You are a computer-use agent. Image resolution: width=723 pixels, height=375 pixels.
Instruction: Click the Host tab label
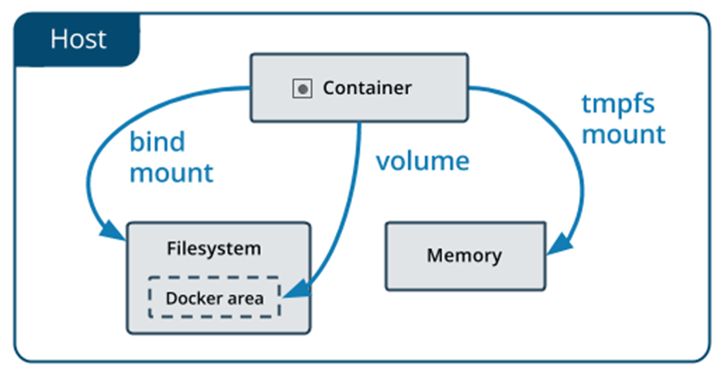coord(79,39)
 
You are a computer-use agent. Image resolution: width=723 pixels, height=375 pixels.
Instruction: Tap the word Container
coord(367,88)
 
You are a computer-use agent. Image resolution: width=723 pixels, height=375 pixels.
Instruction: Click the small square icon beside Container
coord(302,88)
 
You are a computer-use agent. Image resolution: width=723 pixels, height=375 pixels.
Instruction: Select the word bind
coord(157,141)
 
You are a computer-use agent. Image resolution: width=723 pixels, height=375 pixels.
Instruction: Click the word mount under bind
coord(172,173)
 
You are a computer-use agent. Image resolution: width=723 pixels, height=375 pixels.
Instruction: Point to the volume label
coord(423,162)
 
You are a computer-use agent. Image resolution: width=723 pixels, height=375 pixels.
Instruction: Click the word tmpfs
coord(618,104)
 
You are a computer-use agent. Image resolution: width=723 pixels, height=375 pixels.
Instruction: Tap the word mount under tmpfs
coord(624,135)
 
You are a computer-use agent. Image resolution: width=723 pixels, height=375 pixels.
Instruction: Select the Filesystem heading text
coord(214,249)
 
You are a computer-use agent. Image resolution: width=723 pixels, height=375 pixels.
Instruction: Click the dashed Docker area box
coord(214,277)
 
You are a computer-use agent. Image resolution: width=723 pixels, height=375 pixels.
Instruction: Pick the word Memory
coord(465,255)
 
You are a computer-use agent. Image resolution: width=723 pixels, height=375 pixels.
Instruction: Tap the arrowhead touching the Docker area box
coord(296,290)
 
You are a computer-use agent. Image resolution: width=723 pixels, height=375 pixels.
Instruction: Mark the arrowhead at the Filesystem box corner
coord(112,229)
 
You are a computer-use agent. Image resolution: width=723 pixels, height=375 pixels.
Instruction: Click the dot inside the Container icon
coord(303,89)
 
